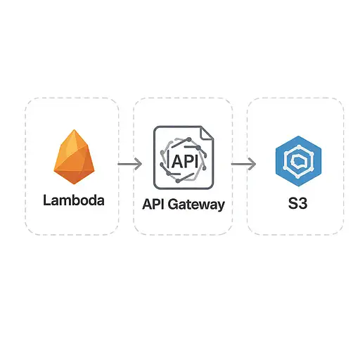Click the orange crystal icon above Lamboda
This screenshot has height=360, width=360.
74,157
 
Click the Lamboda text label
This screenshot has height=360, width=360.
74,200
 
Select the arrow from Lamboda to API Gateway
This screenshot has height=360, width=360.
129,164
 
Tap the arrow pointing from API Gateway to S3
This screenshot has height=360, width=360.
243,164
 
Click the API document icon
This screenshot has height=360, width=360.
184,157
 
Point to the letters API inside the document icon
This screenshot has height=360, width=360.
185,161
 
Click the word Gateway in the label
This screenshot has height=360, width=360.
196,205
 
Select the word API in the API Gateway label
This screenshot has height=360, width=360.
153,204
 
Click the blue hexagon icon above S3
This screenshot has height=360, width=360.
298,161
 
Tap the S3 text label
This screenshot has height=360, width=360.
297,203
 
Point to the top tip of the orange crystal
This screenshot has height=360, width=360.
75,129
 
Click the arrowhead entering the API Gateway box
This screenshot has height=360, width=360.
139,164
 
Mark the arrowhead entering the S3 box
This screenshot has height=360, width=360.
252,164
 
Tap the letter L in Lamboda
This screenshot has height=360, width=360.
47,200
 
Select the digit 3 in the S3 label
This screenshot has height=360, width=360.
303,203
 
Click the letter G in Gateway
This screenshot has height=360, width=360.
174,204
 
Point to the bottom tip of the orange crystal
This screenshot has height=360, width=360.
75,184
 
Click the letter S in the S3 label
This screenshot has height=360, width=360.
292,203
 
